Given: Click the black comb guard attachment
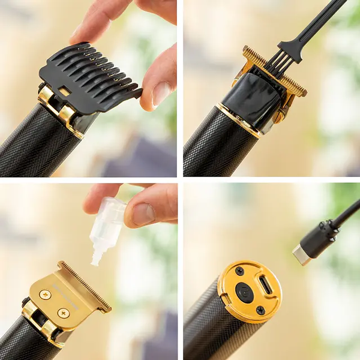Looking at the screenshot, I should pos(88,76).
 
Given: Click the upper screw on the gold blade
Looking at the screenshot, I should pos(45,295).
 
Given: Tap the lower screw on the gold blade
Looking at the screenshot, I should pos(63,313).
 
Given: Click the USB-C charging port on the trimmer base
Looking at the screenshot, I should pos(266,287).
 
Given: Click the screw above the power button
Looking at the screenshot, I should pos(240,271).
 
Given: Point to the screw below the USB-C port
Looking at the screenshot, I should pos(260,310).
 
